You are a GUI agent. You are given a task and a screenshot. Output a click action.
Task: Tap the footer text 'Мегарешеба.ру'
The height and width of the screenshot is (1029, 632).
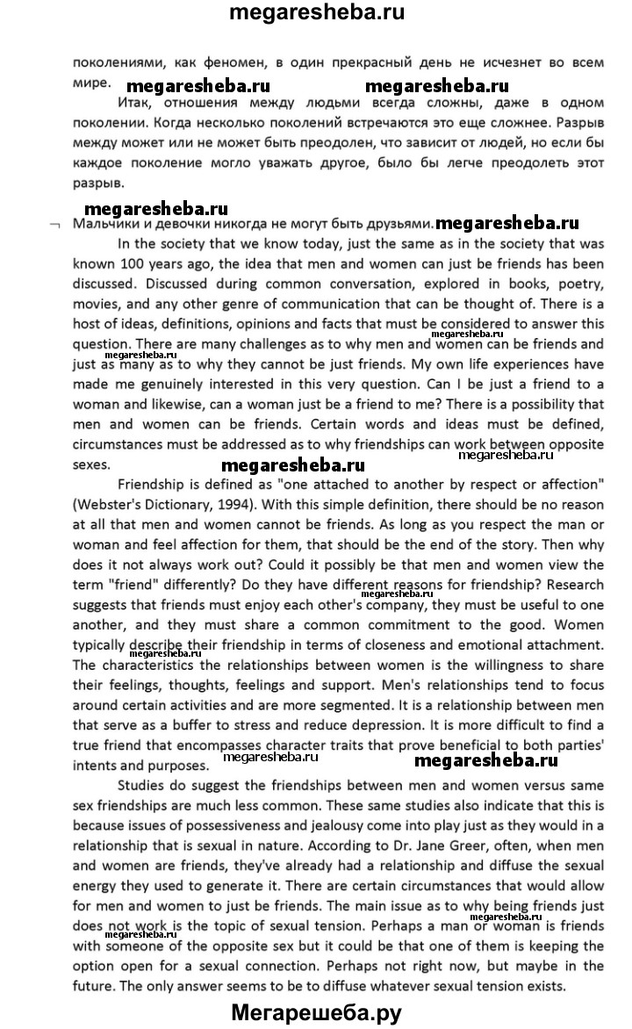tap(316, 1012)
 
